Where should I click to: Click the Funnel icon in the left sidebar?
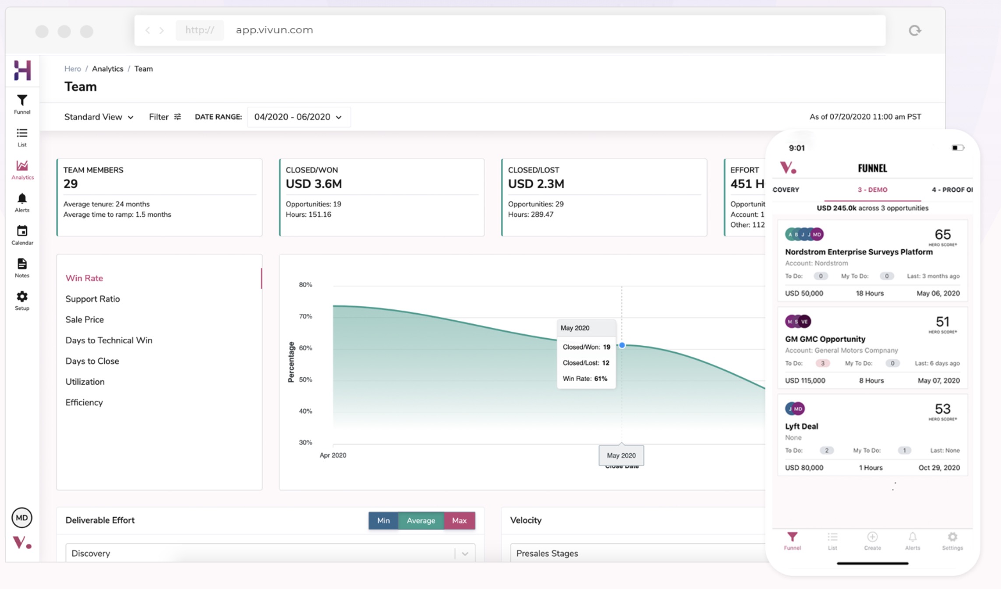(22, 101)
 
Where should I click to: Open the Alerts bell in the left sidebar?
(22, 199)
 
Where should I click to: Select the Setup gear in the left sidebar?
(22, 297)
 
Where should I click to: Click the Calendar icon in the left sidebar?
(22, 231)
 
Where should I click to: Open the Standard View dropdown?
(99, 117)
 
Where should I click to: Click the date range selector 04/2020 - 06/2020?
(298, 117)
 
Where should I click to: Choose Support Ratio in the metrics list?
(92, 299)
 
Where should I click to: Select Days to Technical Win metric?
(109, 340)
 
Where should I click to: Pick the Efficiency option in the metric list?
(84, 403)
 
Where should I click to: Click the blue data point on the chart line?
(622, 345)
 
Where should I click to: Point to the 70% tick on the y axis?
(305, 316)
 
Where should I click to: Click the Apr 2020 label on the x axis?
(333, 455)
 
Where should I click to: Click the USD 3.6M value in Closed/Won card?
(314, 184)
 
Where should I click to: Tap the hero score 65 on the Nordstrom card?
(942, 235)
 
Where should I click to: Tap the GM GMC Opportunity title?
(825, 339)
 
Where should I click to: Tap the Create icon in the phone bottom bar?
(872, 537)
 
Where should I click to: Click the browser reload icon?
(915, 30)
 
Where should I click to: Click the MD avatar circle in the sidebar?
(21, 518)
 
